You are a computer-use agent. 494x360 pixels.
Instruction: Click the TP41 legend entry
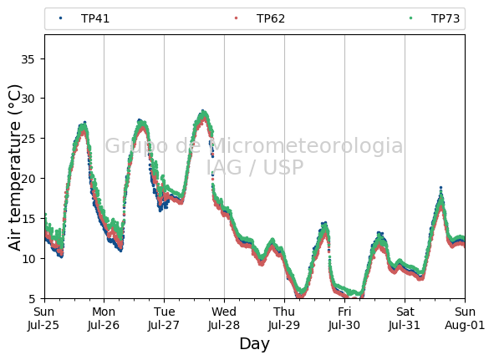pos(84,18)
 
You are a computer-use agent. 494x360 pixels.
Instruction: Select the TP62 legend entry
pos(260,18)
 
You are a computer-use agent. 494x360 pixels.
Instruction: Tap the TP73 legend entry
pos(435,18)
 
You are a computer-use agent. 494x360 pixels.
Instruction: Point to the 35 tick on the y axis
pos(28,59)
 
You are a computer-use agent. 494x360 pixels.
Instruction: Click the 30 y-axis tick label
pos(28,99)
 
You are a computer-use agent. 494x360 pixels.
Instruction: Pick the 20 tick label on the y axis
pos(28,179)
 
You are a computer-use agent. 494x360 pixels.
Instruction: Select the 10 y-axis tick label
pos(28,259)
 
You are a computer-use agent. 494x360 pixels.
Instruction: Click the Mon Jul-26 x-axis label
pos(104,318)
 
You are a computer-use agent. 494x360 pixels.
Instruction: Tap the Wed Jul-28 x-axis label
pos(224,318)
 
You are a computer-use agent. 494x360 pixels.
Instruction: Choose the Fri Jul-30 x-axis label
pos(344,318)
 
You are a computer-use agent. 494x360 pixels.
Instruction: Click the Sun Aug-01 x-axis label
pos(465,318)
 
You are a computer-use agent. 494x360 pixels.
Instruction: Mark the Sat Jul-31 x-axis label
pos(405,318)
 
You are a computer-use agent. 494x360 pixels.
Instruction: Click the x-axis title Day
pos(255,343)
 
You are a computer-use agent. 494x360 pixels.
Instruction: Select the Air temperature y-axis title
pos(14,168)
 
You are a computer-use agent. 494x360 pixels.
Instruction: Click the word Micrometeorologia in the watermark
pos(306,146)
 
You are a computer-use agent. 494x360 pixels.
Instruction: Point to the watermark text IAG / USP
pos(255,167)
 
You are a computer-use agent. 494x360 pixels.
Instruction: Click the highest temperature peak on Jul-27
pos(203,111)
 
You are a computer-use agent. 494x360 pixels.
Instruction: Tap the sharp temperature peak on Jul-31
pos(441,188)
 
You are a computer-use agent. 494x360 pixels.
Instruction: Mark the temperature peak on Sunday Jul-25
pos(84,123)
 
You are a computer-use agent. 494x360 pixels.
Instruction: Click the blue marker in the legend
pos(61,18)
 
